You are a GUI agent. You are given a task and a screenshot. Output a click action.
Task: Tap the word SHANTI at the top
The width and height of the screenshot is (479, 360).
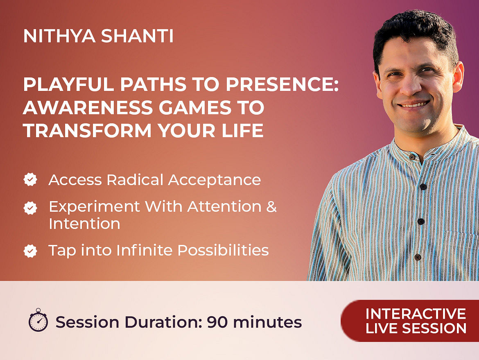pyautogui.click(x=138, y=36)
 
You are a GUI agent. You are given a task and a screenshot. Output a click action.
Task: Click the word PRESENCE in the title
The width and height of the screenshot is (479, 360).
pyautogui.click(x=282, y=84)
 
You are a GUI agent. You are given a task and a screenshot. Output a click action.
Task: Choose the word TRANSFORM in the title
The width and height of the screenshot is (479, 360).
pyautogui.click(x=87, y=131)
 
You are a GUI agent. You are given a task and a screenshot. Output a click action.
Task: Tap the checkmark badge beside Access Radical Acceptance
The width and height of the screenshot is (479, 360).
pyautogui.click(x=30, y=180)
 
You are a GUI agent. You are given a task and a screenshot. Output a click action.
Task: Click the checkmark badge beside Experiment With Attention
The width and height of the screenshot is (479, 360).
pyautogui.click(x=30, y=208)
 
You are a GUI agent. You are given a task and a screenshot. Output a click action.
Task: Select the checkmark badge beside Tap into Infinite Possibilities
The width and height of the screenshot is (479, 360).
pyautogui.click(x=30, y=251)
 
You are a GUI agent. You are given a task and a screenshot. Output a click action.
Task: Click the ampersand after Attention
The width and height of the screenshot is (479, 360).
pyautogui.click(x=271, y=206)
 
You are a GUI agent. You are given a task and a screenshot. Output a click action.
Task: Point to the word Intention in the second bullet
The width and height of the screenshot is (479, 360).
pyautogui.click(x=85, y=224)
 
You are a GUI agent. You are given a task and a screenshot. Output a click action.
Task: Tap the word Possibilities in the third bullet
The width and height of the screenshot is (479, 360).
pyautogui.click(x=223, y=250)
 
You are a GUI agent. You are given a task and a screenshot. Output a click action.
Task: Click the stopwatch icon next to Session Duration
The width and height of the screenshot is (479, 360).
pyautogui.click(x=38, y=320)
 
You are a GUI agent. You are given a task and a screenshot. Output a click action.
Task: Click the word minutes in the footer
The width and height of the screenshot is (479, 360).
pyautogui.click(x=267, y=322)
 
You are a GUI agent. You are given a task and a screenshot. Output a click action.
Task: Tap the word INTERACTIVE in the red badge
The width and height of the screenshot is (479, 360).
pyautogui.click(x=416, y=314)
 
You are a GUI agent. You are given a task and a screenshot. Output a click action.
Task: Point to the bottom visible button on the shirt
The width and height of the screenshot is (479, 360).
pyautogui.click(x=418, y=257)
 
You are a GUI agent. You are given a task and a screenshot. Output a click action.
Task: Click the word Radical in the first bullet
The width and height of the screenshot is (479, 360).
pyautogui.click(x=135, y=180)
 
